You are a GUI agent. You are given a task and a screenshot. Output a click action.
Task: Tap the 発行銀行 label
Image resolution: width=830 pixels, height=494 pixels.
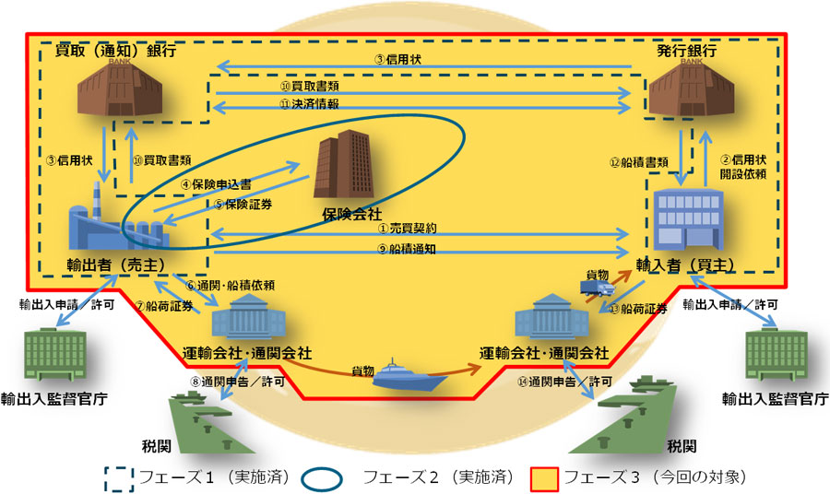coord(686,51)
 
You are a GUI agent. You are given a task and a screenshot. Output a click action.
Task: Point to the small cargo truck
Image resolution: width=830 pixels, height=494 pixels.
coord(594,288)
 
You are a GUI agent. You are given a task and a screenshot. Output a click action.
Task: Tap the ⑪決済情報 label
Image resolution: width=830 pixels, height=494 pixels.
coord(309,105)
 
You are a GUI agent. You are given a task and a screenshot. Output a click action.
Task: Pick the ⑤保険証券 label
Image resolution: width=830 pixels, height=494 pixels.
coord(243,204)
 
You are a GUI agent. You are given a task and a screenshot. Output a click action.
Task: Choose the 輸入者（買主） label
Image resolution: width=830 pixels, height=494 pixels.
coord(685,265)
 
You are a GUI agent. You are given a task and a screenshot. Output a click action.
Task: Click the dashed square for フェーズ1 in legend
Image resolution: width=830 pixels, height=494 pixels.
coord(121,477)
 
